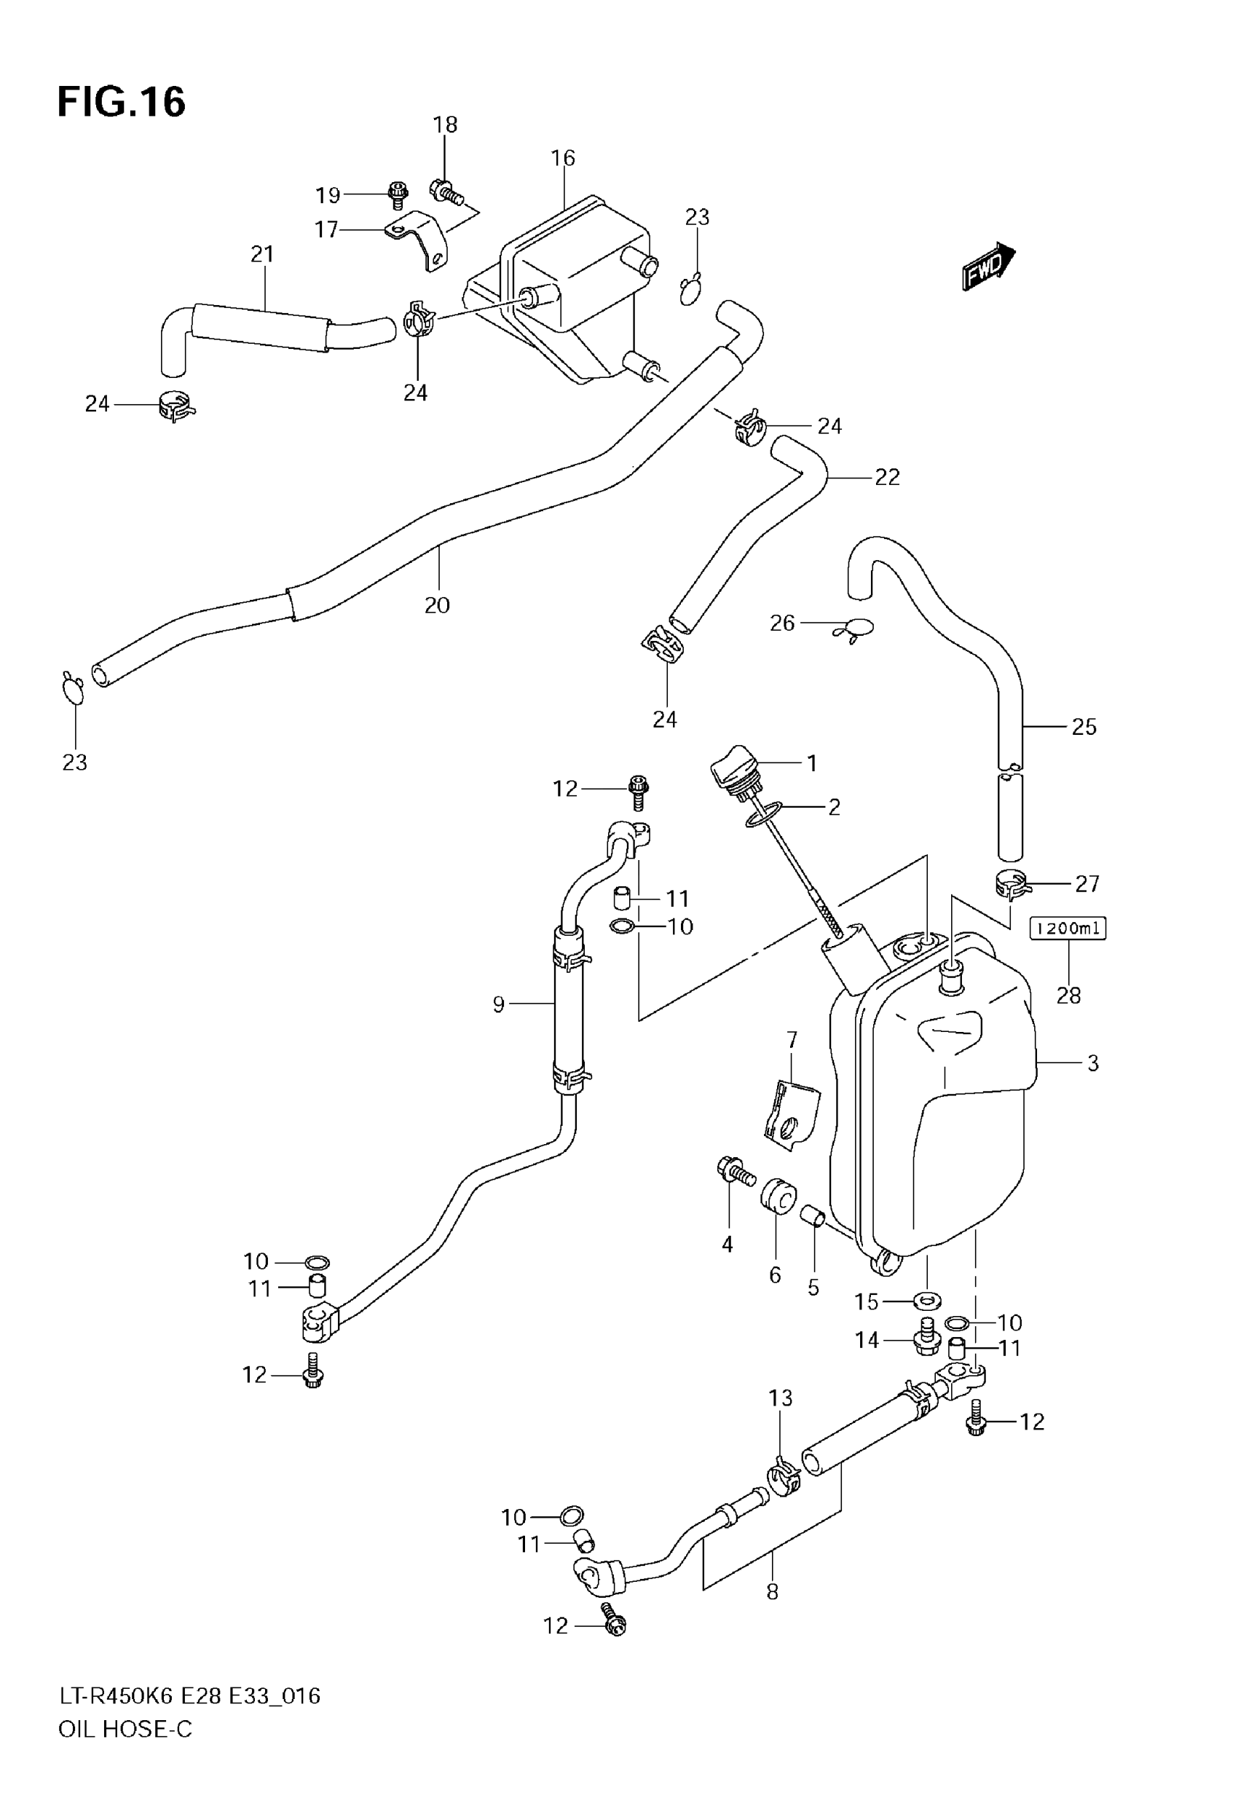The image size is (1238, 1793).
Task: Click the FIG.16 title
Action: pyautogui.click(x=122, y=101)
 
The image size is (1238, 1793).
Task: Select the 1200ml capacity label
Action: pyautogui.click(x=1068, y=928)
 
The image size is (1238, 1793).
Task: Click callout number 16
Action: pyautogui.click(x=562, y=158)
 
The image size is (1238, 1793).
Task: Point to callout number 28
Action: pyautogui.click(x=1068, y=995)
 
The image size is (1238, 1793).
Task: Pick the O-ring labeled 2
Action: pyautogui.click(x=761, y=815)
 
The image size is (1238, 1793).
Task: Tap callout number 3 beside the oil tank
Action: pyautogui.click(x=1092, y=1063)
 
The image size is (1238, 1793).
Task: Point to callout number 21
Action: pyautogui.click(x=262, y=254)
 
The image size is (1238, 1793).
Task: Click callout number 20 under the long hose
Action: pyautogui.click(x=437, y=605)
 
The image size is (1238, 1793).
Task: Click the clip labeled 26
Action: pyautogui.click(x=854, y=628)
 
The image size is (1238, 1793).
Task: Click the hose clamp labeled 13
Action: pyautogui.click(x=784, y=1478)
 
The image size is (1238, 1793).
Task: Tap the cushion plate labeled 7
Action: pyautogui.click(x=790, y=1110)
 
